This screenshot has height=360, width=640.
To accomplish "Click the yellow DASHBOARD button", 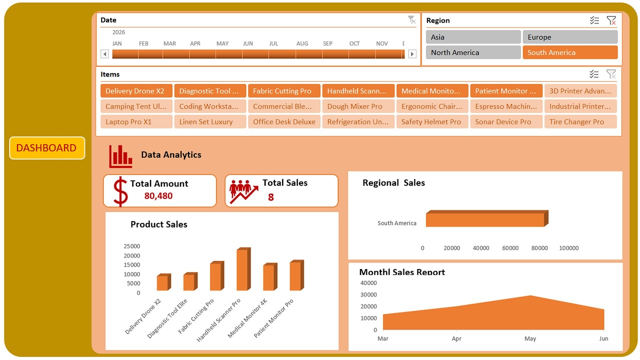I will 47,148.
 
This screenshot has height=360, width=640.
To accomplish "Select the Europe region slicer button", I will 570,37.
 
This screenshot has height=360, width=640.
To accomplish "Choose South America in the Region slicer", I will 570,52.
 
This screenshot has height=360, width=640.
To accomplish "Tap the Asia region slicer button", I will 473,37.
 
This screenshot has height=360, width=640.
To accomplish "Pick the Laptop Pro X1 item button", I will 136,121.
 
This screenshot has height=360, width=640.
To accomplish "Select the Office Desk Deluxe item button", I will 284,121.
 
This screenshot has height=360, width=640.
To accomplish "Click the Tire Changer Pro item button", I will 580,121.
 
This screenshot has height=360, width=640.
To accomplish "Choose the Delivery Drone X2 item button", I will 136,91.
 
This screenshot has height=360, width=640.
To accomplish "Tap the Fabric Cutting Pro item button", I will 284,91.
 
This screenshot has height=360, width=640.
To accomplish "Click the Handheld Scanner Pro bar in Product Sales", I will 242,270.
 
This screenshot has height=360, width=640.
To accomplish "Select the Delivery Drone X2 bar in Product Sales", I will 162,283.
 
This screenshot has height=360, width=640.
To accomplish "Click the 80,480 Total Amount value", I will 158,196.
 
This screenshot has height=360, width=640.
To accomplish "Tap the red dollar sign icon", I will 120,191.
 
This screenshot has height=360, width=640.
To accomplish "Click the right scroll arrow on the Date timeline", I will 412,54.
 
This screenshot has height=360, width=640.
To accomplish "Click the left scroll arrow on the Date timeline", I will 104,54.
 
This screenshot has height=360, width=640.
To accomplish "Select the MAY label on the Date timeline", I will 222,43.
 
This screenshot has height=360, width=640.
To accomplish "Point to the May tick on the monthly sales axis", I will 530,338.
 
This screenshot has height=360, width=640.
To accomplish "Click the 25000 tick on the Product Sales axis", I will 132,246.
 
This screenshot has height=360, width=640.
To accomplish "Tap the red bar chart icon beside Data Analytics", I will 120,156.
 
